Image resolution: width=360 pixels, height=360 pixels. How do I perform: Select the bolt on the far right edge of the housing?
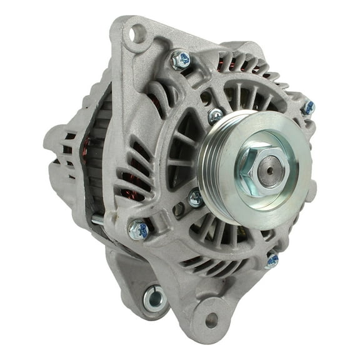307,108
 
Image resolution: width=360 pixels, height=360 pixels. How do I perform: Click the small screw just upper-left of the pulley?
216,115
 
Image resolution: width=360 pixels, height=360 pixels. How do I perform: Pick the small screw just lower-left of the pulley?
196,199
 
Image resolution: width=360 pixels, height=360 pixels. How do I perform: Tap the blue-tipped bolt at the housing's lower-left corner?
139,230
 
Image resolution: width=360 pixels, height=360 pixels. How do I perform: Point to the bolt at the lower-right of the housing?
271,260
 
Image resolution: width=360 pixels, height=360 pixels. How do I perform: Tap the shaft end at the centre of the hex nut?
270,166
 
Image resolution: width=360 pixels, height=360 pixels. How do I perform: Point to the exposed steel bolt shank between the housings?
97,220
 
